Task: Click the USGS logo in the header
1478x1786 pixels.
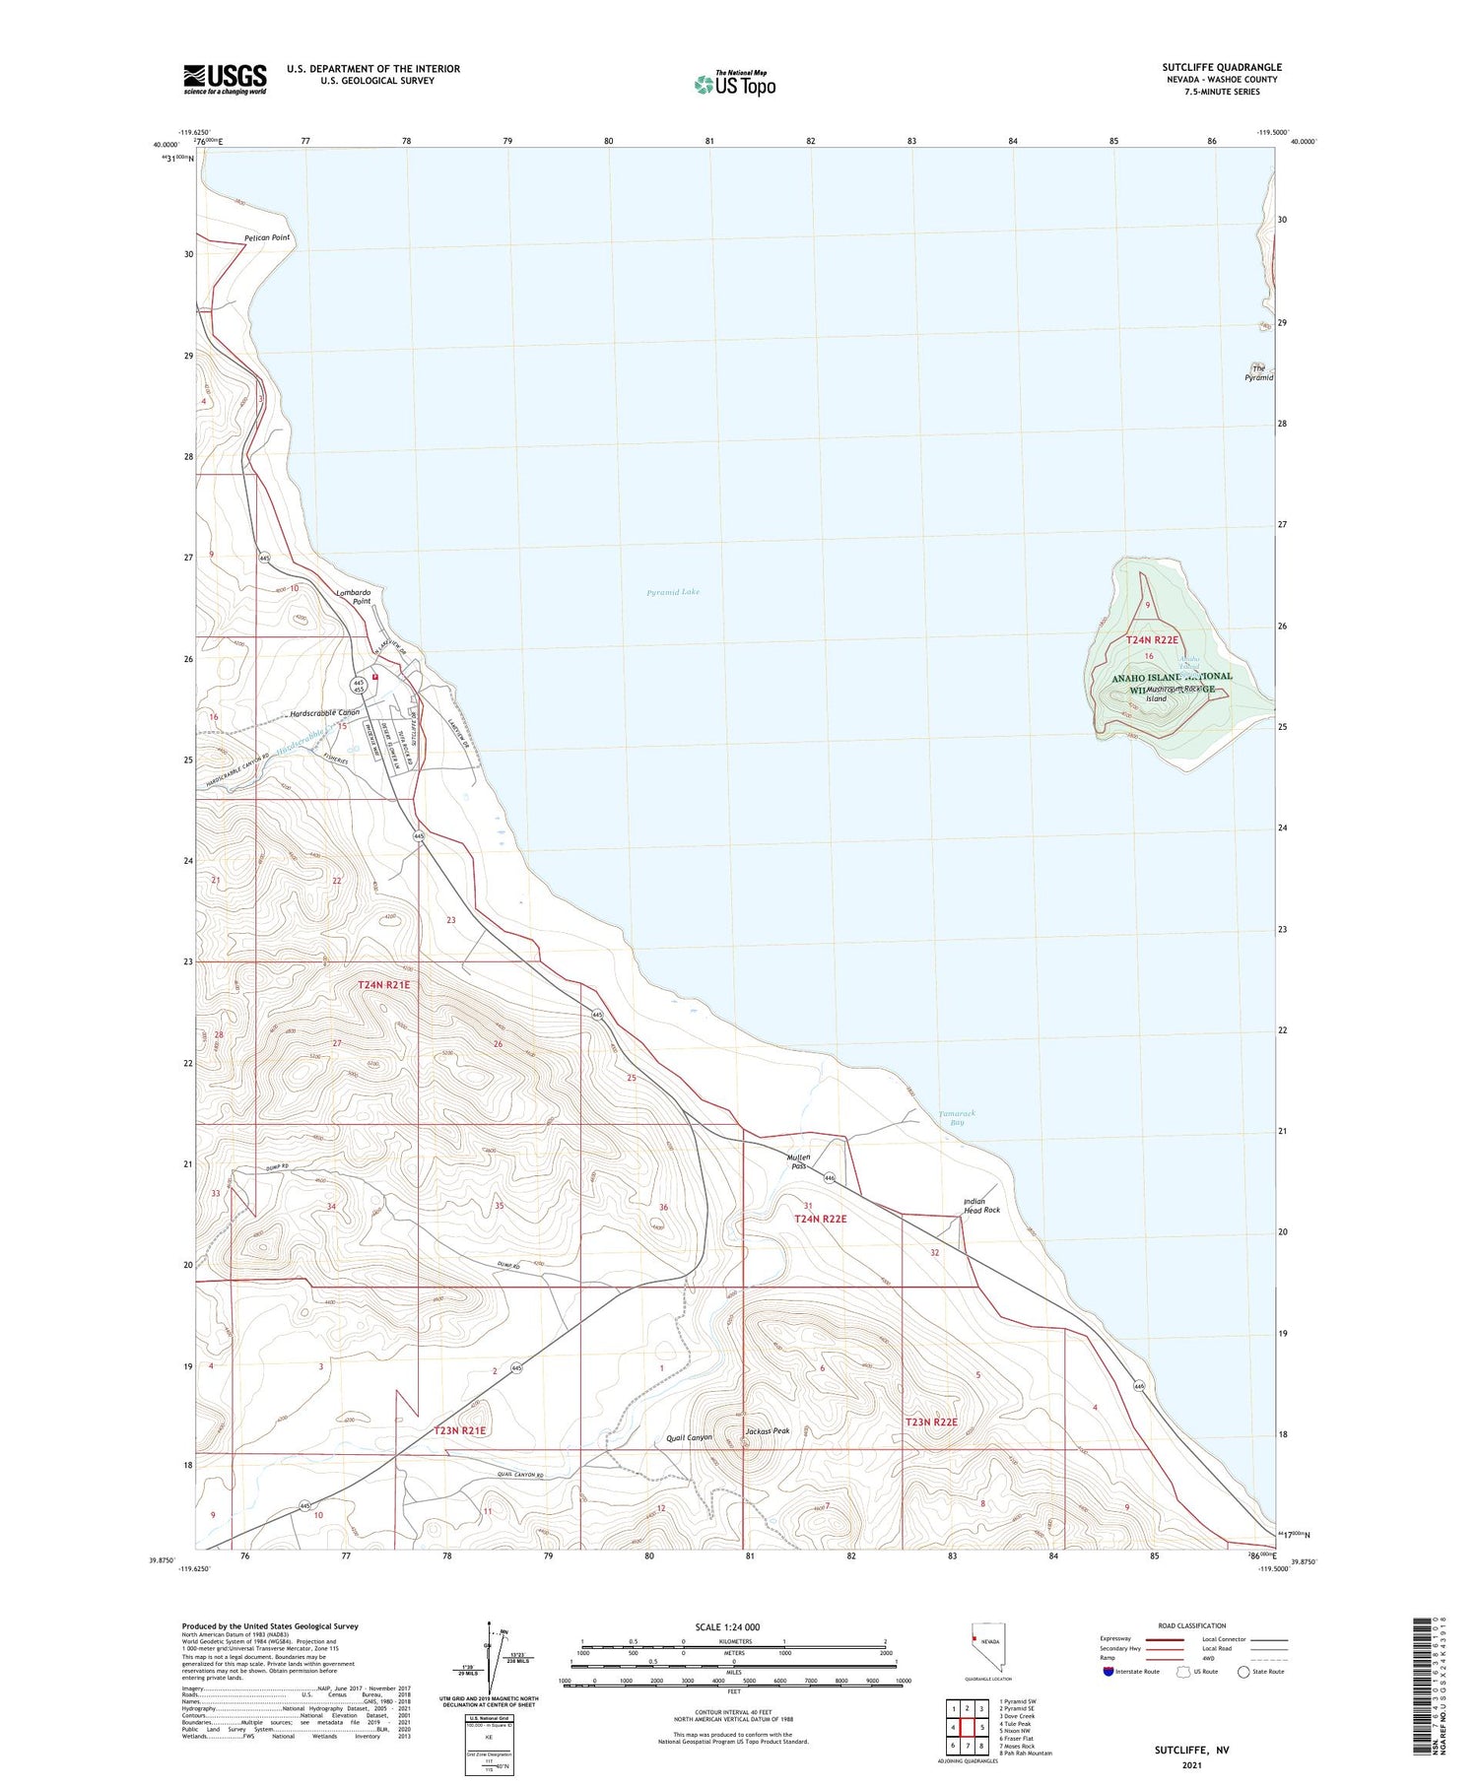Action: (x=225, y=79)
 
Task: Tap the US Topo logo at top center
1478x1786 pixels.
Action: (x=734, y=84)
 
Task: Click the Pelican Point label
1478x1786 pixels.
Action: (x=267, y=237)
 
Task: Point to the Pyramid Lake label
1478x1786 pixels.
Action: (x=673, y=592)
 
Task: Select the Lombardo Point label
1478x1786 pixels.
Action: (x=354, y=596)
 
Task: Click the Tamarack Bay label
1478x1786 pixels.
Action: (x=956, y=1117)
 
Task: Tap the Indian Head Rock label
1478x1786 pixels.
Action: (x=980, y=1205)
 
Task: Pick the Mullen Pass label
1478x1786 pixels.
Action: (x=798, y=1161)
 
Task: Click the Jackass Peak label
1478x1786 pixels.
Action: (x=768, y=1430)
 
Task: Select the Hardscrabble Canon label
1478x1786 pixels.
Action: (x=325, y=712)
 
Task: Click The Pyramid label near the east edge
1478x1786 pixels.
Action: (x=1258, y=373)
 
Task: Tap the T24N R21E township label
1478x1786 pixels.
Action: (x=383, y=984)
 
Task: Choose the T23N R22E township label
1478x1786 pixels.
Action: (x=931, y=1422)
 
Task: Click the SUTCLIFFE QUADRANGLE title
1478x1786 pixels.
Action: (x=1221, y=68)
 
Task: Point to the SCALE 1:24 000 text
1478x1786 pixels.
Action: (x=727, y=1626)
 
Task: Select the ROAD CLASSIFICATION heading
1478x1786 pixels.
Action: (x=1192, y=1625)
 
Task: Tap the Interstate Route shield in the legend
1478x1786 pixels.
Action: (x=1108, y=1672)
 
